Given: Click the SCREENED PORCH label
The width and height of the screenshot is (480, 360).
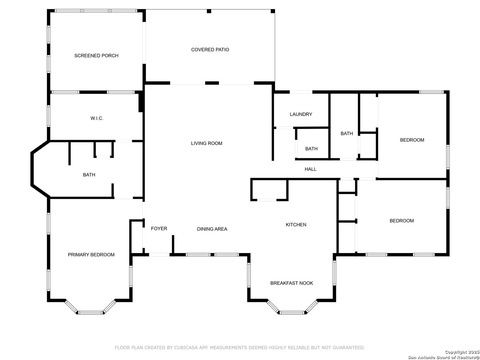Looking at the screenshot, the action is (96, 56).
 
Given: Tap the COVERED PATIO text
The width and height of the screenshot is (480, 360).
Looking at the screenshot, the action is (210, 50).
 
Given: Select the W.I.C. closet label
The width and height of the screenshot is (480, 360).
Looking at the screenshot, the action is (97, 118).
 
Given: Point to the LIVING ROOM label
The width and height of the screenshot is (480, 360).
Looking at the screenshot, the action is (206, 143).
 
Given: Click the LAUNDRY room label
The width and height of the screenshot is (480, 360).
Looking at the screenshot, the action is (301, 114).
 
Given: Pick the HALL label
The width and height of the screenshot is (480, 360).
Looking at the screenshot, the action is (310, 169).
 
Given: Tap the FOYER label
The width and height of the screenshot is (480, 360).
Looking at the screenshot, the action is (159, 228).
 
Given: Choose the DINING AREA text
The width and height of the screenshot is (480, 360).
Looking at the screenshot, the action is (212, 229).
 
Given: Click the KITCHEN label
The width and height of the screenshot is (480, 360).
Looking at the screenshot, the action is (296, 224).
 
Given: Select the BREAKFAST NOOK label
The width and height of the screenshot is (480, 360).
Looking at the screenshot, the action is (291, 283).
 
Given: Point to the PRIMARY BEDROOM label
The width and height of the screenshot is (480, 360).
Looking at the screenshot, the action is (91, 255).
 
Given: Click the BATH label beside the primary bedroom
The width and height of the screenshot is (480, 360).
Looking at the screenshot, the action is (89, 175).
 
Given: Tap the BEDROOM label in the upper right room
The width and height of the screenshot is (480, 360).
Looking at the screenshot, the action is (412, 140).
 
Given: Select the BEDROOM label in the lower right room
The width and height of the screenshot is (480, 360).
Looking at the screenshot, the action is (401, 221).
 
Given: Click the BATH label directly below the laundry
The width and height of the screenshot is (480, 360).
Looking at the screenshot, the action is (311, 149).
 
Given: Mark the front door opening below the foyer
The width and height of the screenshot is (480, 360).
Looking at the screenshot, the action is (159, 255).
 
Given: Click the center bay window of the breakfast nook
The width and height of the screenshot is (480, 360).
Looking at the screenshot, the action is (292, 313).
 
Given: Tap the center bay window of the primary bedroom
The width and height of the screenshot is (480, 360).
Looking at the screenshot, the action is (91, 313).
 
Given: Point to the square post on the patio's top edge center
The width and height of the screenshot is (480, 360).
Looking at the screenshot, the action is (209, 11).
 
